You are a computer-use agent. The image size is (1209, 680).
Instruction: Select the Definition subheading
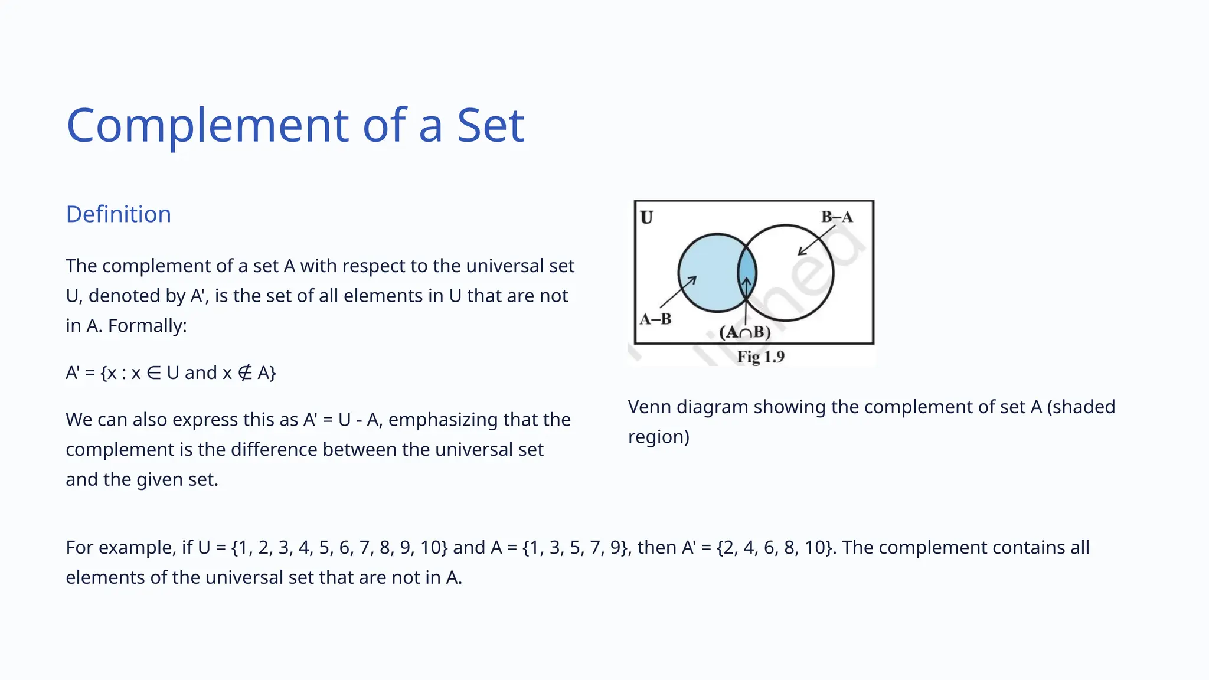point(119,214)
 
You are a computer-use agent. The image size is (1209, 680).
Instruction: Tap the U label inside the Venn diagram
point(646,218)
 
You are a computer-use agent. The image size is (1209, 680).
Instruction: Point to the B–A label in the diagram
point(837,217)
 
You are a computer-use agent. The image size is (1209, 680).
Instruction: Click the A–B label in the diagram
point(656,319)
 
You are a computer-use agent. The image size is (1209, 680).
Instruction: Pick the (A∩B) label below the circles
point(745,332)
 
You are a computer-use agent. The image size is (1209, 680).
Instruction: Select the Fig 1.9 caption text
point(760,357)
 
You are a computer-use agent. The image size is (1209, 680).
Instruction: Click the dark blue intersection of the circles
point(747,272)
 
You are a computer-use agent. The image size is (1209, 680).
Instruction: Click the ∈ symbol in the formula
point(153,373)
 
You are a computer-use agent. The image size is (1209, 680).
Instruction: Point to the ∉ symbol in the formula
point(245,373)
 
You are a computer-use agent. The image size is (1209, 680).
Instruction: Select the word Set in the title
point(491,126)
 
